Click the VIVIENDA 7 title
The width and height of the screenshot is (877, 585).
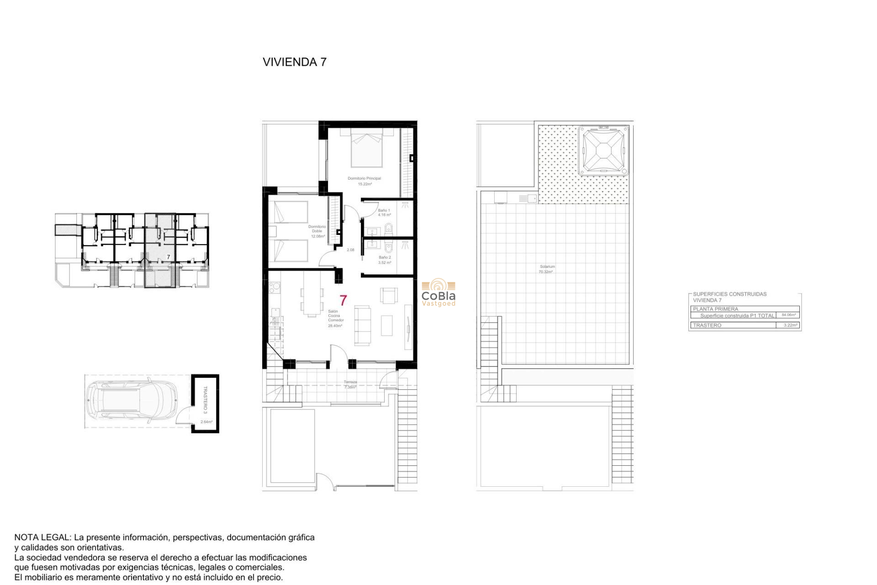coord(294,62)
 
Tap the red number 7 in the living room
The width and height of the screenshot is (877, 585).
coord(343,300)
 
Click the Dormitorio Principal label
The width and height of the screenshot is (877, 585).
coord(364,179)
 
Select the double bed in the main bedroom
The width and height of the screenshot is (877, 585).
coord(366,148)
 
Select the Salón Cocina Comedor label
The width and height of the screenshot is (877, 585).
coord(335,318)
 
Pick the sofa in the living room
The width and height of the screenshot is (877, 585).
coord(363,325)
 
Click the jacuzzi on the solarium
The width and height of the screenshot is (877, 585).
coord(603,150)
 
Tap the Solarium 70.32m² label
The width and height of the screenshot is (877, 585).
coord(547,269)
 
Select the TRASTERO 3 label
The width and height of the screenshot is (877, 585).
coord(205,399)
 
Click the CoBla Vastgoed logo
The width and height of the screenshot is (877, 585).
coord(438,293)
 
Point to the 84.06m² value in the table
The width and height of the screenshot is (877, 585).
coord(788,315)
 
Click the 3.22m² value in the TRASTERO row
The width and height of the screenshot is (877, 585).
coord(790,325)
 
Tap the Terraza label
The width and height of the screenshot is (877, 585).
coord(350,382)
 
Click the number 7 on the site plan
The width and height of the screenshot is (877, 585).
coord(169,257)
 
